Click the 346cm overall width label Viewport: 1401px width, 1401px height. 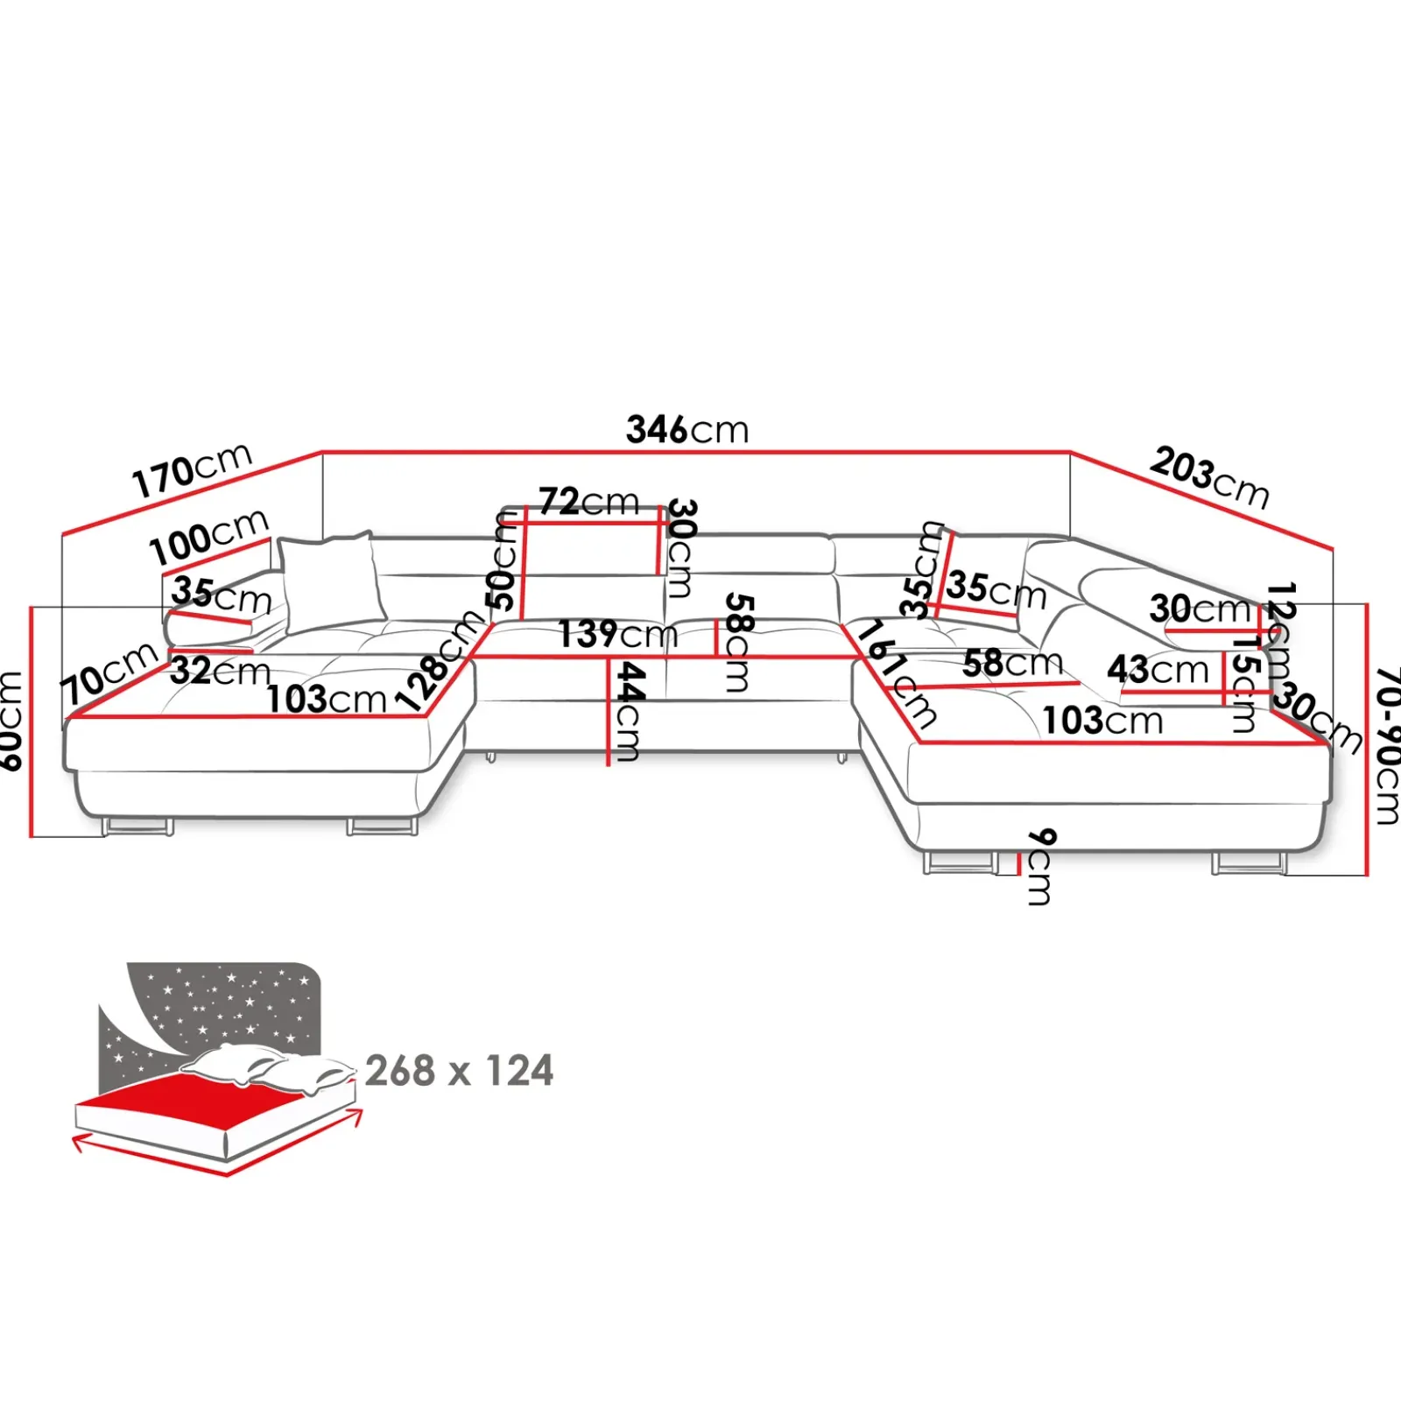tap(687, 430)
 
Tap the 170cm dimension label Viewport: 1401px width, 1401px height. tap(193, 470)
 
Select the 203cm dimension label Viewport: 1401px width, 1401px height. tap(1209, 477)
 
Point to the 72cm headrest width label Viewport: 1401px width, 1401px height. tap(588, 502)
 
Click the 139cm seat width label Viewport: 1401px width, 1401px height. tap(618, 634)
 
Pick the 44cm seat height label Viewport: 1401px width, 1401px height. tap(629, 711)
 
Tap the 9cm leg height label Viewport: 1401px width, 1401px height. tap(1039, 866)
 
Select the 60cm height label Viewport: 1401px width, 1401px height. tap(11, 721)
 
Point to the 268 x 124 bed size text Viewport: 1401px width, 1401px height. tap(459, 1071)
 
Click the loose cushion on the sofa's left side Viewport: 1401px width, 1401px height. tap(331, 581)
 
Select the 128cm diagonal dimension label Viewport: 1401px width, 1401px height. tap(440, 661)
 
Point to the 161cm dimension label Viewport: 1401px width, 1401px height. tap(897, 674)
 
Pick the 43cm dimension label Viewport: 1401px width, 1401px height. tap(1158, 670)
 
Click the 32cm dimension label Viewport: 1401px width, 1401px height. tap(220, 672)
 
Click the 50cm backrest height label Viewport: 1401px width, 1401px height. tap(503, 561)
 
